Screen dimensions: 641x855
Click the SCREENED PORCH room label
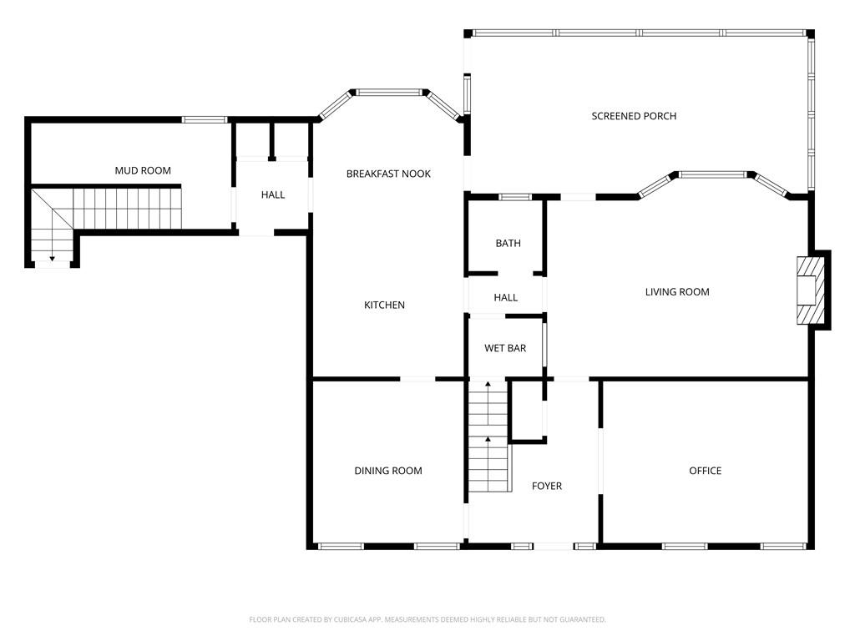(634, 116)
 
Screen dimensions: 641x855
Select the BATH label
(508, 244)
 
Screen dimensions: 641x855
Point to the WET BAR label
(505, 348)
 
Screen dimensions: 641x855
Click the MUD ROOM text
(143, 170)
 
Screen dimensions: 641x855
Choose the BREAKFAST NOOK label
(388, 174)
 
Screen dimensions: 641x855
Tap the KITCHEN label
(384, 305)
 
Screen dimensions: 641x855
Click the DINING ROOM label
(388, 471)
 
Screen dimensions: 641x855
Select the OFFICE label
(705, 471)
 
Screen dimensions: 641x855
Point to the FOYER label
(547, 486)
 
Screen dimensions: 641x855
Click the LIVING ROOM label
(677, 292)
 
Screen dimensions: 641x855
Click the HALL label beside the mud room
(272, 195)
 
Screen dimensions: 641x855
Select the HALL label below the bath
(505, 297)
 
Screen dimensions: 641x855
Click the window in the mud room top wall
(205, 119)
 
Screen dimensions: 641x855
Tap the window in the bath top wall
(515, 197)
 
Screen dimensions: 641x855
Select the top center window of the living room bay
(712, 175)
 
